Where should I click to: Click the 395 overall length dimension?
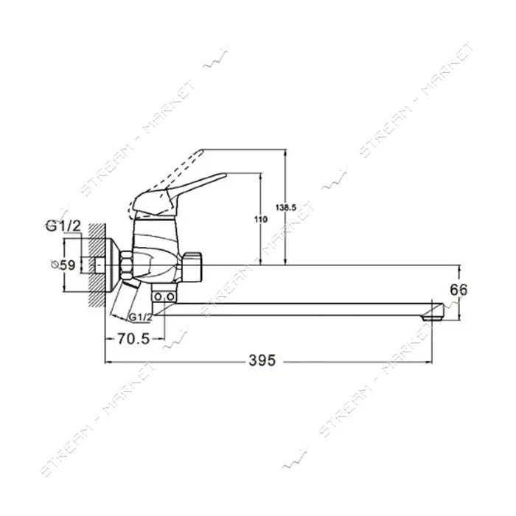[x=262, y=360]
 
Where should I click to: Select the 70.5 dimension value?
[x=133, y=338]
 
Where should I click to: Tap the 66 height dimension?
[x=459, y=290]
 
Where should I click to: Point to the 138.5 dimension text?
[x=286, y=208]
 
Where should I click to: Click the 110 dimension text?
[x=261, y=219]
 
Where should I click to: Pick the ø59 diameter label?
[x=63, y=264]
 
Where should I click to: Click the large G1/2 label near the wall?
[x=63, y=226]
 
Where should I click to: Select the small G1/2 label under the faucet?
[x=141, y=318]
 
